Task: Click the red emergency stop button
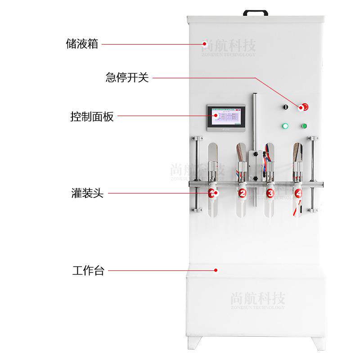tap(303, 107)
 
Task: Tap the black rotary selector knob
tap(284, 107)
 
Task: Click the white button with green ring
tap(284, 126)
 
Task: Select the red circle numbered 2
tap(242, 193)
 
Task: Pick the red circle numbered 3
tap(270, 193)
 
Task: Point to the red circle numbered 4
tap(298, 193)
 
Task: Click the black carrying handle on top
tap(255, 13)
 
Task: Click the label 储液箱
tap(81, 44)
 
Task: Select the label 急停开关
tap(127, 78)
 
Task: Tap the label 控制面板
tap(92, 117)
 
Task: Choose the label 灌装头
tap(87, 194)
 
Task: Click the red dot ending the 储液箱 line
tap(203, 44)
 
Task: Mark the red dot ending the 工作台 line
tap(216, 270)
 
